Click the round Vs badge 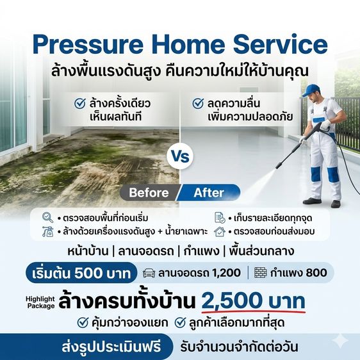tap(179, 156)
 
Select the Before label tap(149, 192)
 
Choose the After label tap(209, 192)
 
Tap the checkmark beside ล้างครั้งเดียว tap(81, 102)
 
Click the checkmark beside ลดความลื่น tap(198, 102)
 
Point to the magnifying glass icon tap(47, 217)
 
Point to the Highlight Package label tap(40, 301)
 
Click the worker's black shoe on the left tap(312, 200)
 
